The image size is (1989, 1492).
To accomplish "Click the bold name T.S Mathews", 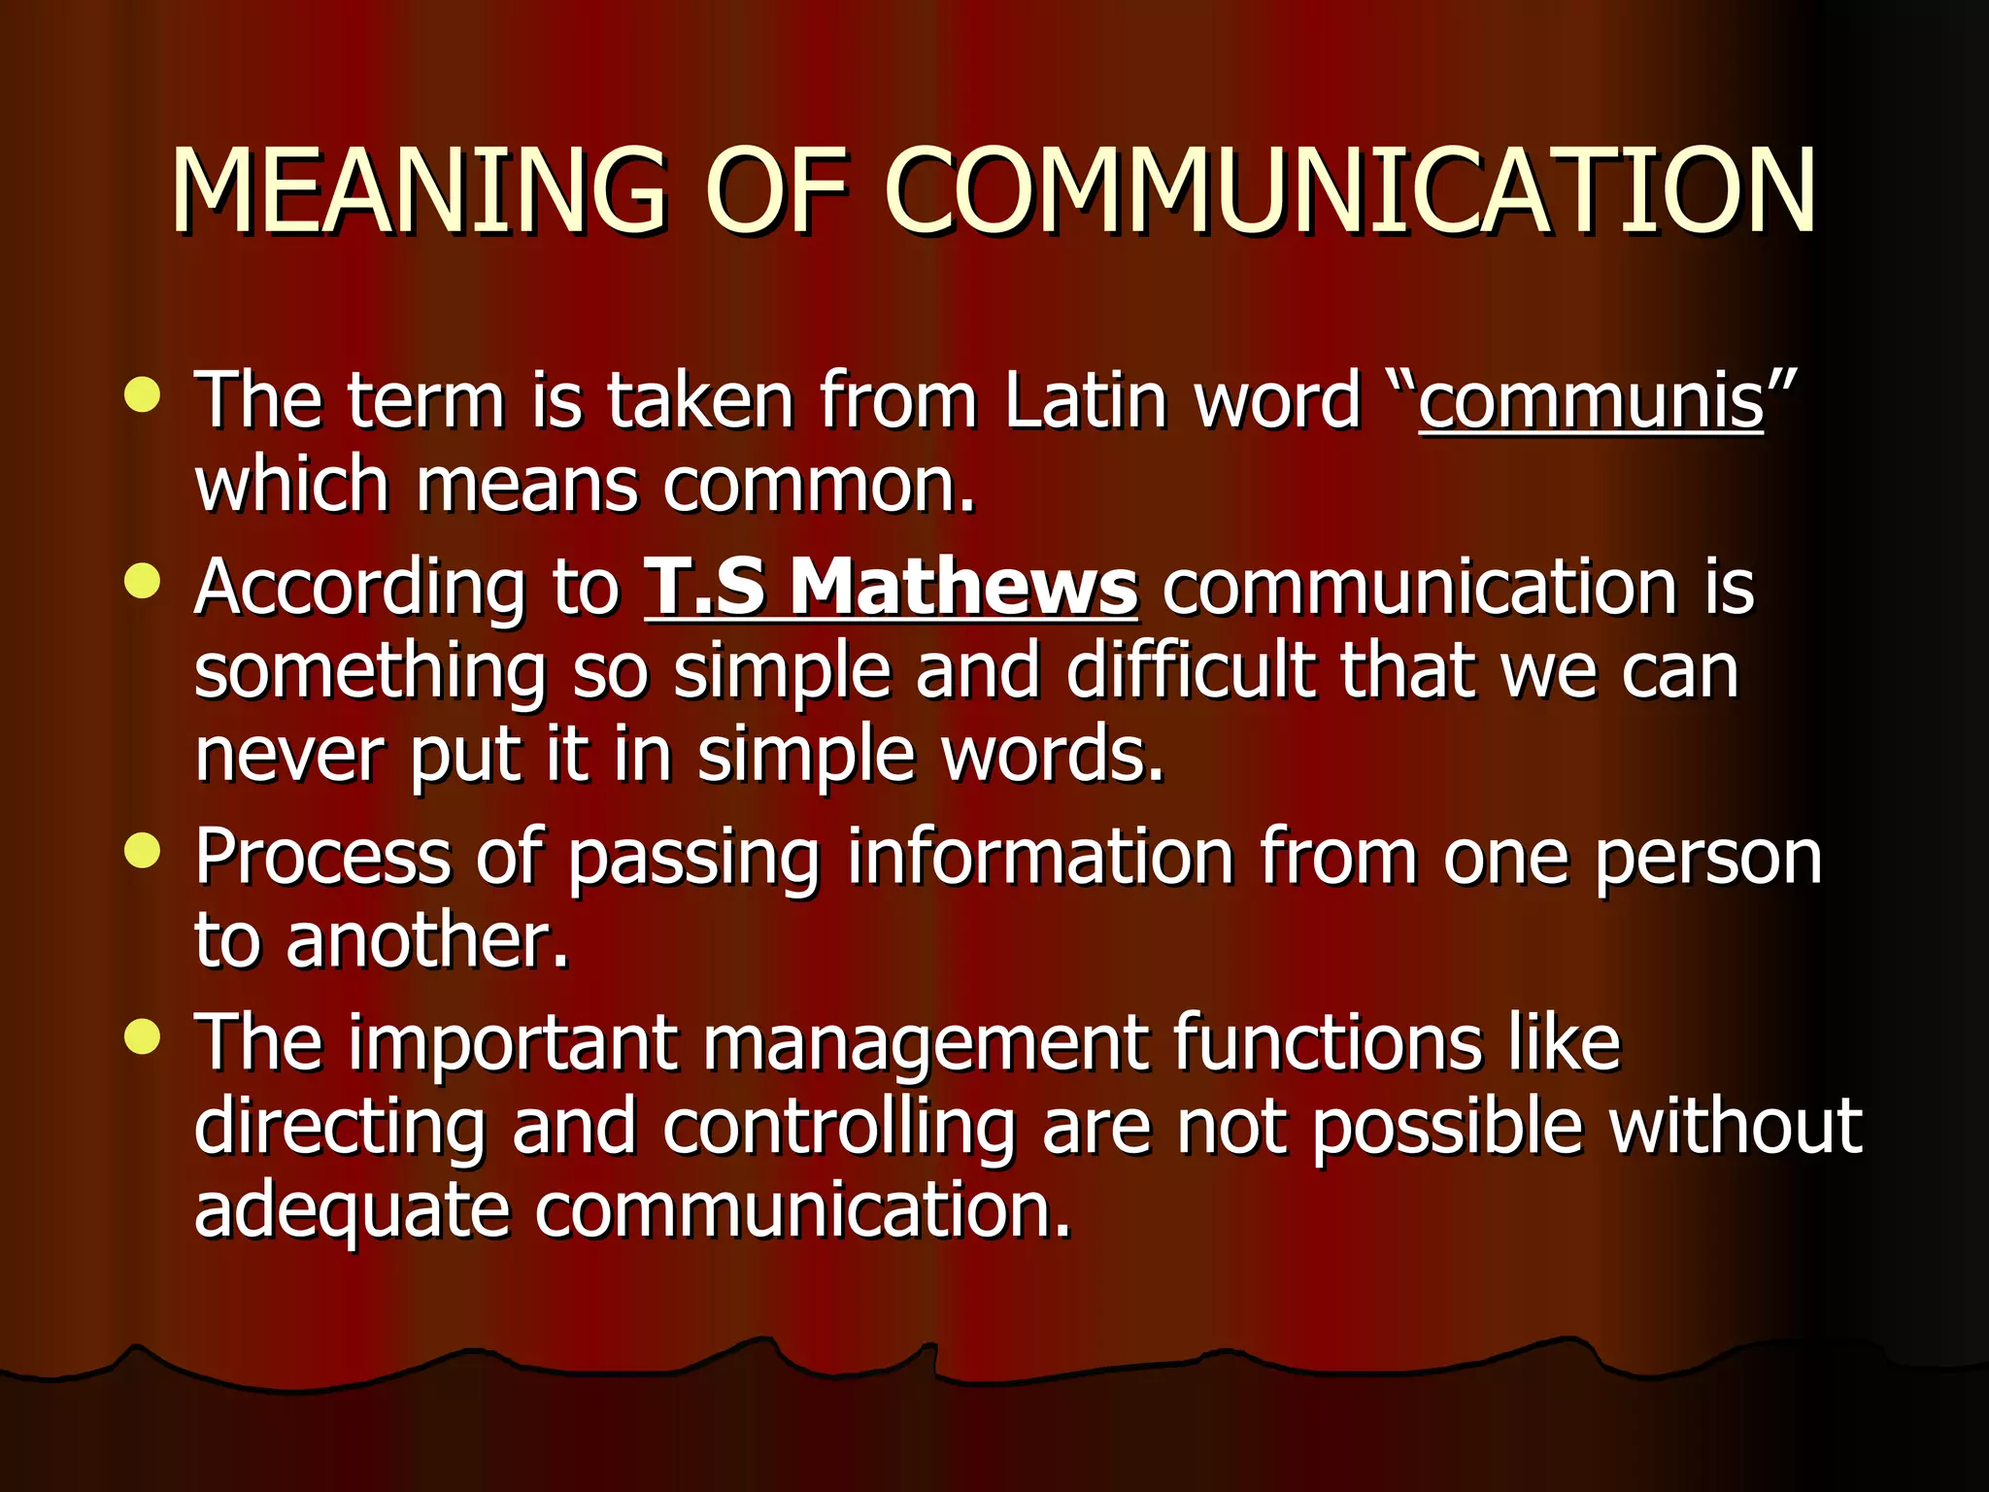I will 891,588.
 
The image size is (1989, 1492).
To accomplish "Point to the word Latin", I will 1085,400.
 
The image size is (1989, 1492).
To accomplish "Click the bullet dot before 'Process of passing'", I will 143,851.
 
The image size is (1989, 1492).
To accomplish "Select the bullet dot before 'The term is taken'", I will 143,395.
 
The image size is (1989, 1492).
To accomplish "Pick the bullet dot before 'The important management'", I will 143,1036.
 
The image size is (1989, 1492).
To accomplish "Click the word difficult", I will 1191,671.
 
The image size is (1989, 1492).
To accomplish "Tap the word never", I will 289,755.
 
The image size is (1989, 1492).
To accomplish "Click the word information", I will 1040,857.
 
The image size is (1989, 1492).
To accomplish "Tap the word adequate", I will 352,1211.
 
